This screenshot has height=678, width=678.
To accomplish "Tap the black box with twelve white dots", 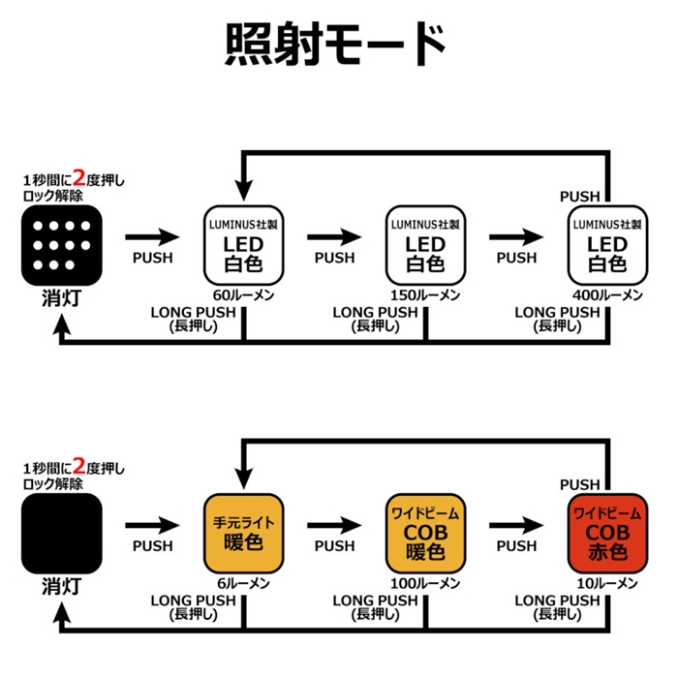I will click(x=61, y=239).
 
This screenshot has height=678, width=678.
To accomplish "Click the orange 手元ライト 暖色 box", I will click(x=243, y=532).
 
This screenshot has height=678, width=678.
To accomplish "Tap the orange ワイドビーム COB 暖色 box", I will click(x=425, y=532).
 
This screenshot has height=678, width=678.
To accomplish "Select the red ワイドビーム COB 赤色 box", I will click(x=607, y=532).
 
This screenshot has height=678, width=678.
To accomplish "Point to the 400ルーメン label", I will click(x=607, y=293).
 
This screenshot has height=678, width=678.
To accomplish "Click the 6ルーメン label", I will click(x=243, y=583).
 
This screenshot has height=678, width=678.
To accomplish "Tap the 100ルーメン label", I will click(x=425, y=583).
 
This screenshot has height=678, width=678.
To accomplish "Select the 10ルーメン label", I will click(x=607, y=583).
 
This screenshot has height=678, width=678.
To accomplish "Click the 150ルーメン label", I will click(x=425, y=293).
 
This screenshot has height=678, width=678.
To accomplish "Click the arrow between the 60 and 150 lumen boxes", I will click(x=334, y=236).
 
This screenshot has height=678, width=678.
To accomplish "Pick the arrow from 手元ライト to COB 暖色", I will click(x=334, y=526).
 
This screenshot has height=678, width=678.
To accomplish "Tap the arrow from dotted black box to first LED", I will click(x=152, y=236).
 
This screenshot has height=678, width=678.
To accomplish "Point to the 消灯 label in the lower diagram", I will click(x=60, y=587).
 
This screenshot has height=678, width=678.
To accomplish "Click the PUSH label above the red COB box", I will click(x=580, y=484).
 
